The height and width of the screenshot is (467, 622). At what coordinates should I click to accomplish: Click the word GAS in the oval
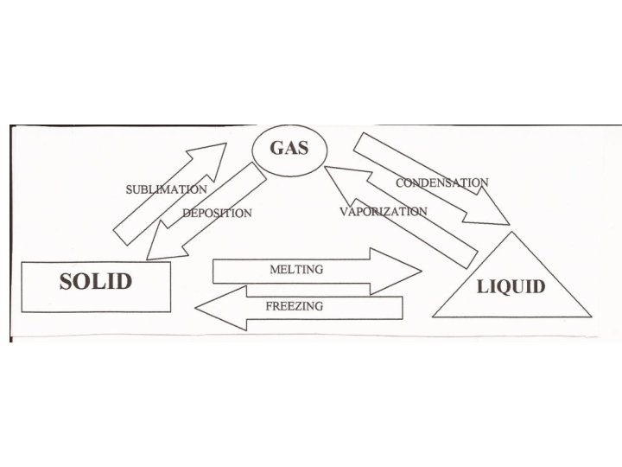pyautogui.click(x=289, y=148)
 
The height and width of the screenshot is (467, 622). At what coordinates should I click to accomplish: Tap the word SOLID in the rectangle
pyautogui.click(x=95, y=282)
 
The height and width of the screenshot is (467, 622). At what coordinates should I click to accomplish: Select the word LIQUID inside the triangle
pyautogui.click(x=511, y=286)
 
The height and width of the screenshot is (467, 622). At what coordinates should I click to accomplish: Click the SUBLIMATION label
pyautogui.click(x=167, y=189)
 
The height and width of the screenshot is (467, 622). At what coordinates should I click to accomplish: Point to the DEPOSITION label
pyautogui.click(x=217, y=213)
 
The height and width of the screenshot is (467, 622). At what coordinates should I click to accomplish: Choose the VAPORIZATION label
pyautogui.click(x=383, y=212)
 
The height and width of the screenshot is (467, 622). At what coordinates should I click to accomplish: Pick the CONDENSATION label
pyautogui.click(x=441, y=183)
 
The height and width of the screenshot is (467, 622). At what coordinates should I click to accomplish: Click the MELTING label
pyautogui.click(x=296, y=270)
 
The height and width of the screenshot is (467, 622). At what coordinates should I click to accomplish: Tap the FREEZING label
pyautogui.click(x=295, y=306)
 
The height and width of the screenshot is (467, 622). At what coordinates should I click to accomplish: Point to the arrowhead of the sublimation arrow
pyautogui.click(x=211, y=155)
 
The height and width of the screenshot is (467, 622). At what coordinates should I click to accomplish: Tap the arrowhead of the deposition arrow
pyautogui.click(x=161, y=247)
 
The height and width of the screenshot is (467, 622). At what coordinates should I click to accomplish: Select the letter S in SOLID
pyautogui.click(x=67, y=282)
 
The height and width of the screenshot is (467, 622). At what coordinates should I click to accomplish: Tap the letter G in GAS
pyautogui.click(x=277, y=148)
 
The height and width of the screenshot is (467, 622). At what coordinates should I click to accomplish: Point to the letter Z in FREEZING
pyautogui.click(x=302, y=306)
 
